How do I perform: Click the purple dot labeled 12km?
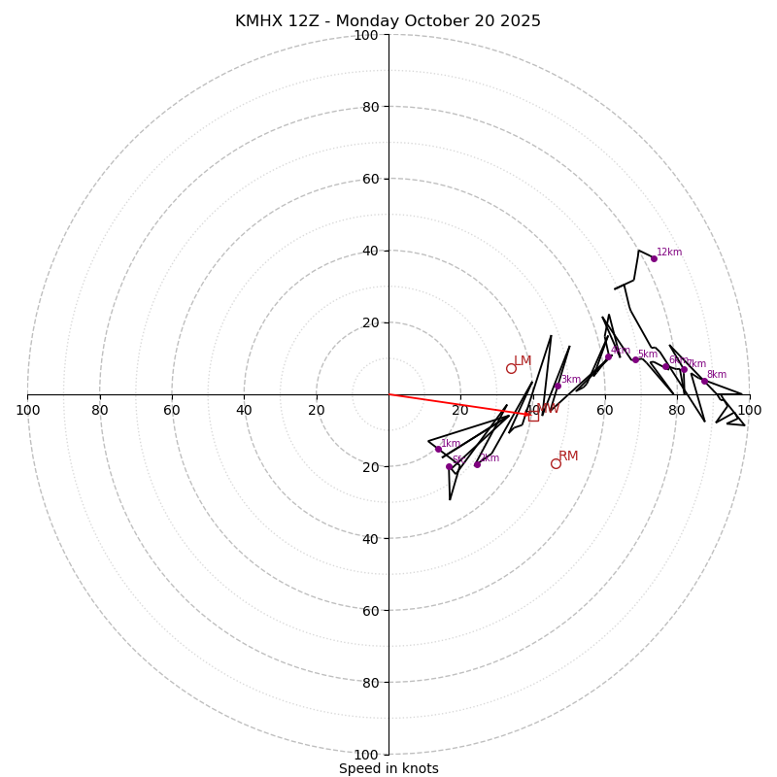[x=654, y=258]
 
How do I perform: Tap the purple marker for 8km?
[x=705, y=381]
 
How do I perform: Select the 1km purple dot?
[x=438, y=450]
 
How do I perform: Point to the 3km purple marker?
[x=557, y=386]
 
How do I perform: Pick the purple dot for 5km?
[x=636, y=359]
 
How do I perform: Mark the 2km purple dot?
[x=477, y=464]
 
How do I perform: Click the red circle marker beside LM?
[x=511, y=368]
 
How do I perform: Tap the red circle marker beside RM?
[x=556, y=463]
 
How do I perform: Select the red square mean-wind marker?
[x=533, y=416]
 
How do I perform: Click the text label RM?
[x=568, y=456]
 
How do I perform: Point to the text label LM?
[x=523, y=361]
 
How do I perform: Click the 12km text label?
[x=669, y=253]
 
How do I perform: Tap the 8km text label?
[x=717, y=375]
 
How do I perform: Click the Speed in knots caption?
[x=388, y=768]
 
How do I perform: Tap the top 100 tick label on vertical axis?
[x=366, y=35]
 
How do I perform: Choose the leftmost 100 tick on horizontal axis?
[x=28, y=410]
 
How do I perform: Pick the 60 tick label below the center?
[x=370, y=610]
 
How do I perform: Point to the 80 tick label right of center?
[x=677, y=410]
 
